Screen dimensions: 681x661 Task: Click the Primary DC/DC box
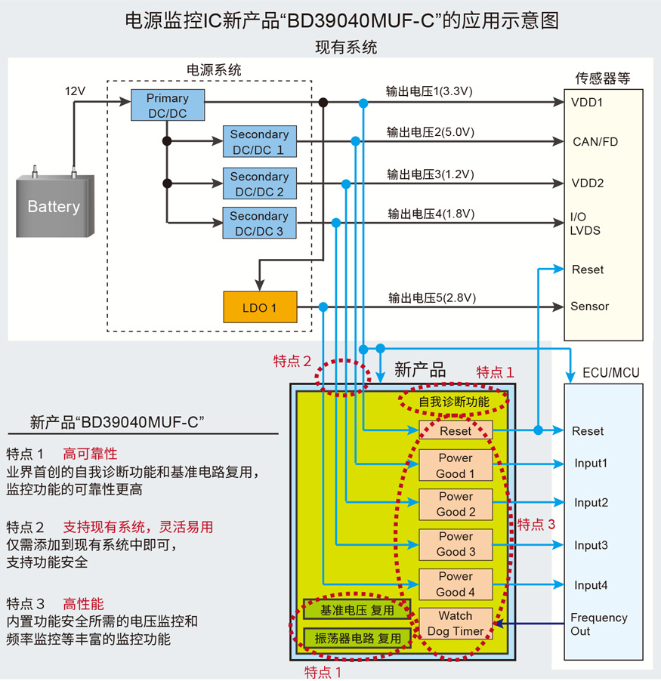[x=168, y=106]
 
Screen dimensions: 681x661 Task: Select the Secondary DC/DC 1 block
[x=259, y=142]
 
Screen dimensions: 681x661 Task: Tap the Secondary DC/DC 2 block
[x=259, y=184]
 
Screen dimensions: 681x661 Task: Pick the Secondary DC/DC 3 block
[x=259, y=223]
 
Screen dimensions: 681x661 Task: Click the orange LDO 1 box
[x=259, y=307]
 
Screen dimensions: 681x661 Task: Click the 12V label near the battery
[x=75, y=91]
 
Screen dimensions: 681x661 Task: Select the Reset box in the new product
[x=456, y=431]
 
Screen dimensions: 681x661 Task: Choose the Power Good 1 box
[x=456, y=466]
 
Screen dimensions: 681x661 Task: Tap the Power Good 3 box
[x=456, y=544]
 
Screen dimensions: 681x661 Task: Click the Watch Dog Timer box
[x=456, y=624]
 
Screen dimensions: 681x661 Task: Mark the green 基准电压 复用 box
[x=357, y=610]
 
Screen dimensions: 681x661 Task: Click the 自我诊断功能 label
[x=454, y=402]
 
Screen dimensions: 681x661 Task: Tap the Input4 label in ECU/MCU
[x=591, y=585]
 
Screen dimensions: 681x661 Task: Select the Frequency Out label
[x=598, y=624]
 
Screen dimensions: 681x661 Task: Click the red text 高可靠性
[x=90, y=454]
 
